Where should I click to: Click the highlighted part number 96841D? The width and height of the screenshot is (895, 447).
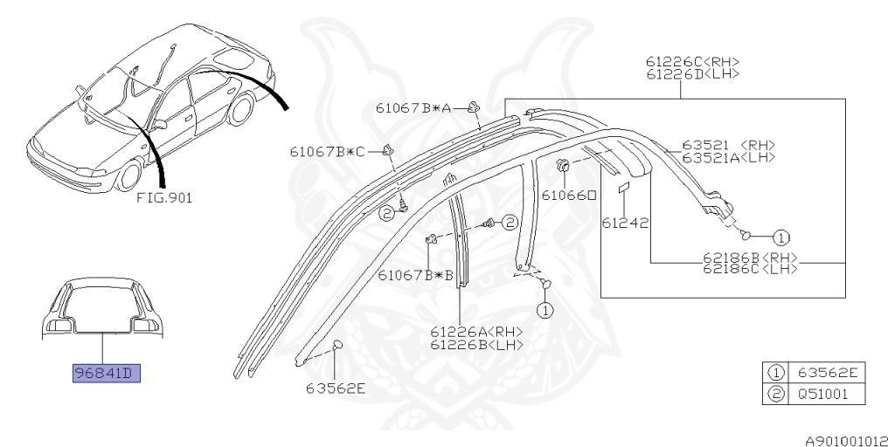106,375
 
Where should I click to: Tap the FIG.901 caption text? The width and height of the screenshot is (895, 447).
164,198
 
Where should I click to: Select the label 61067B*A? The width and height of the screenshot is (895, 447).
414,108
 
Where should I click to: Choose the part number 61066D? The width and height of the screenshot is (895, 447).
568,196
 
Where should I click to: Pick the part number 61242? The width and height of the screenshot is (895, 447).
625,223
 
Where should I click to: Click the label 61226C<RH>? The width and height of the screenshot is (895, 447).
693,61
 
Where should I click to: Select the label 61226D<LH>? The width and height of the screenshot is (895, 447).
693,74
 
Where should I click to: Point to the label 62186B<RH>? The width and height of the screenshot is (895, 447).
752,258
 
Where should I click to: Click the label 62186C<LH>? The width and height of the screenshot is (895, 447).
752,270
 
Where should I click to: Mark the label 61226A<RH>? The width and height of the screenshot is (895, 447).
476,332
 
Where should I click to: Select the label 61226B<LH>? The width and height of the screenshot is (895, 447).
476,344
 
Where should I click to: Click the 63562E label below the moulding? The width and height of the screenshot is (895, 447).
336,389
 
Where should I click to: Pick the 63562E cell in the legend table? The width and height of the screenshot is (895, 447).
824,373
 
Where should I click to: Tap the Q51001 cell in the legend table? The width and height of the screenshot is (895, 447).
824,394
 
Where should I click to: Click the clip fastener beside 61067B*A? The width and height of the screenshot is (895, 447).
474,107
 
